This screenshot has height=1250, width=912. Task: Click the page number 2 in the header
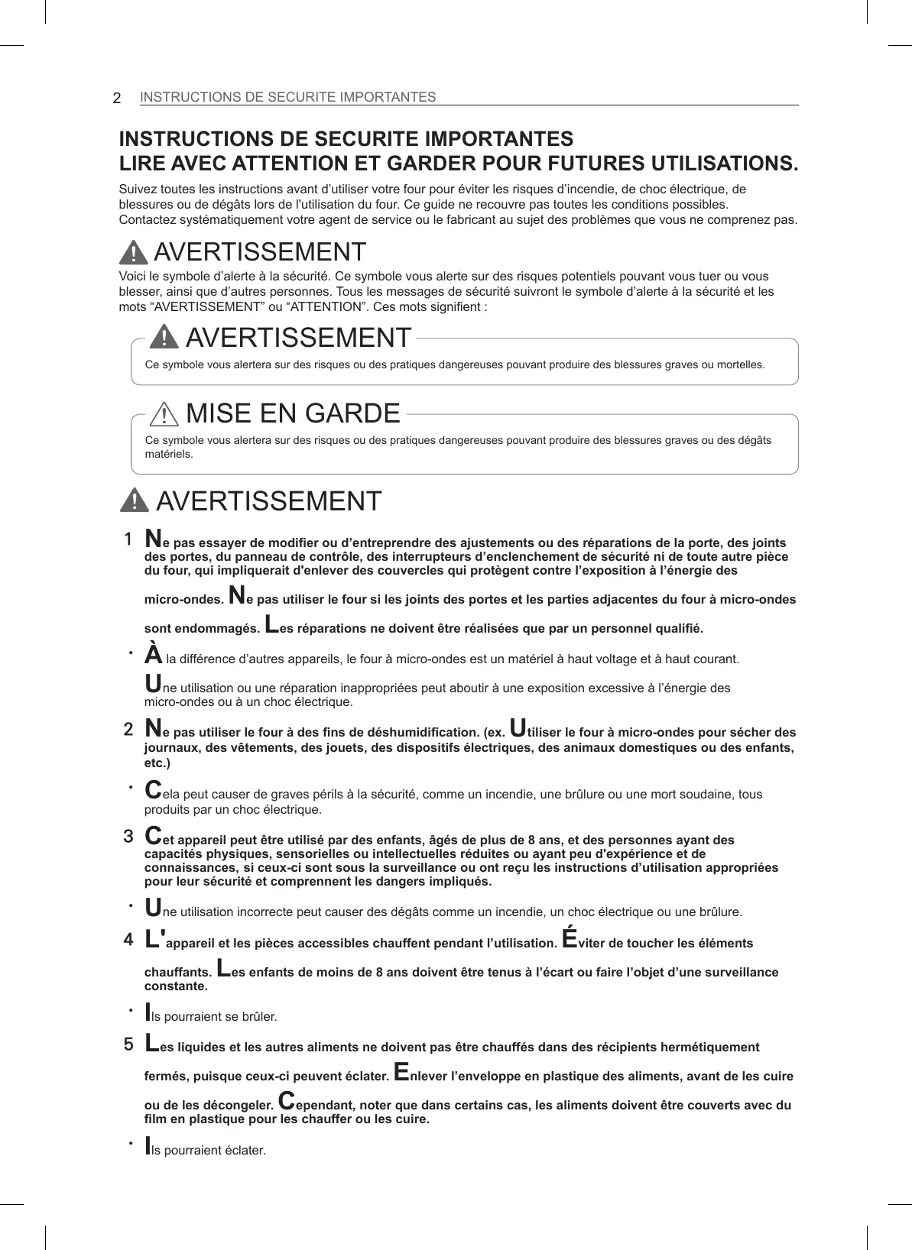[x=117, y=98]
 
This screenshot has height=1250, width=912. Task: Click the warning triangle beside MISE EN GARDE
[x=164, y=414]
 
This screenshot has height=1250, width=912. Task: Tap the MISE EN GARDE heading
[x=293, y=413]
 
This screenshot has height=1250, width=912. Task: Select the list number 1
[x=128, y=539]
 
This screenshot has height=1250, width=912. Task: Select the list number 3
[x=128, y=836]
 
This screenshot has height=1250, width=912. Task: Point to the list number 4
[x=128, y=939]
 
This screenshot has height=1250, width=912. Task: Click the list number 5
[x=128, y=1044]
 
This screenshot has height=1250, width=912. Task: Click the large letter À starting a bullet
[x=154, y=655]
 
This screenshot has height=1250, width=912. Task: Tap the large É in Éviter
[x=570, y=937]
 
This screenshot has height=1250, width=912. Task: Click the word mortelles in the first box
[x=741, y=364]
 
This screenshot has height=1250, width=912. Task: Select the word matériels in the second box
[x=169, y=454]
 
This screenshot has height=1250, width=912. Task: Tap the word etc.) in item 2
[x=157, y=763]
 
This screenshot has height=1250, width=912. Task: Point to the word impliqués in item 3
[x=462, y=882]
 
